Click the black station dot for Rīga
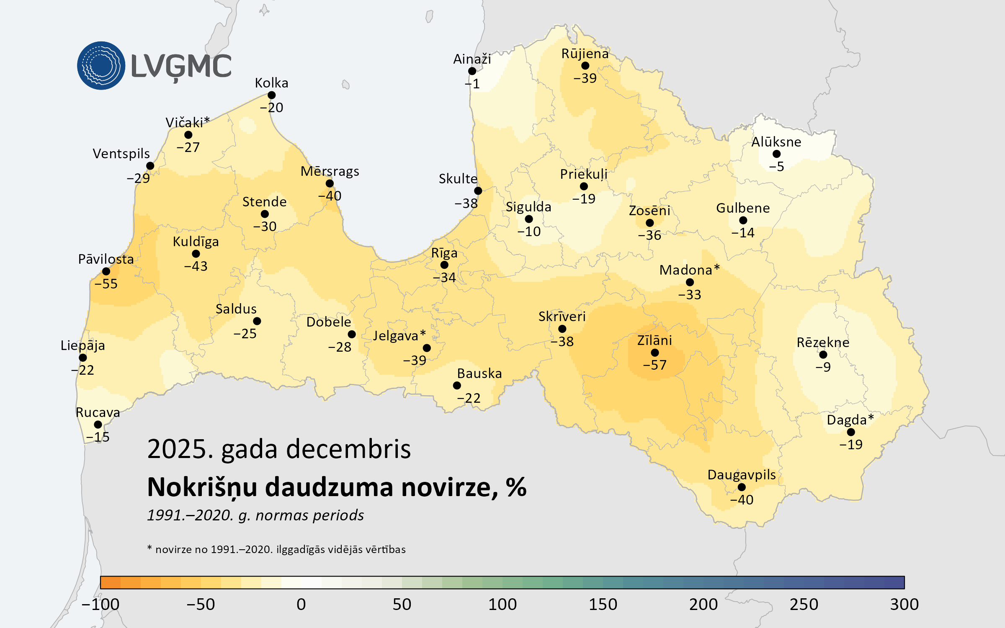click(444, 265)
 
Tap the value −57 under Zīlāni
click(655, 365)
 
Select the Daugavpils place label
click(741, 475)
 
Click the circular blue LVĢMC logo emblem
click(101, 66)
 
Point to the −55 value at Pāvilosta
click(106, 284)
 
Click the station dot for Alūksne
click(776, 154)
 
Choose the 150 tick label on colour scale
click(603, 605)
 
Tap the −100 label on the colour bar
click(100, 605)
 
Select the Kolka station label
click(271, 83)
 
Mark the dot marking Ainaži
click(472, 71)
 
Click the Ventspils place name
click(121, 154)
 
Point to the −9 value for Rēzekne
click(823, 367)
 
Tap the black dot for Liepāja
click(83, 358)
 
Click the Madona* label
click(689, 270)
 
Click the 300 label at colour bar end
click(904, 605)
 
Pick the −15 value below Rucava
click(98, 437)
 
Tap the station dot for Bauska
click(457, 386)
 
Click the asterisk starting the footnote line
click(149, 548)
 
